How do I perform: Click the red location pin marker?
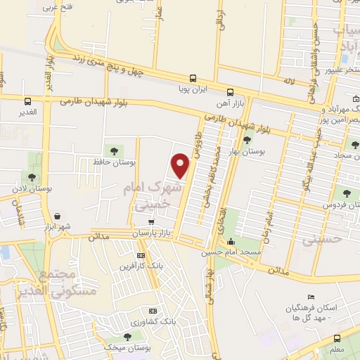(x=181, y=165)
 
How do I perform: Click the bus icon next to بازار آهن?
(x=231, y=92)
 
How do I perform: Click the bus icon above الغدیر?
(x=28, y=101)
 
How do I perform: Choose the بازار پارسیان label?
(x=151, y=232)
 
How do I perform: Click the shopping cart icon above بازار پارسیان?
(x=150, y=221)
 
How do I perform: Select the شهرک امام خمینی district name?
(x=152, y=195)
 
